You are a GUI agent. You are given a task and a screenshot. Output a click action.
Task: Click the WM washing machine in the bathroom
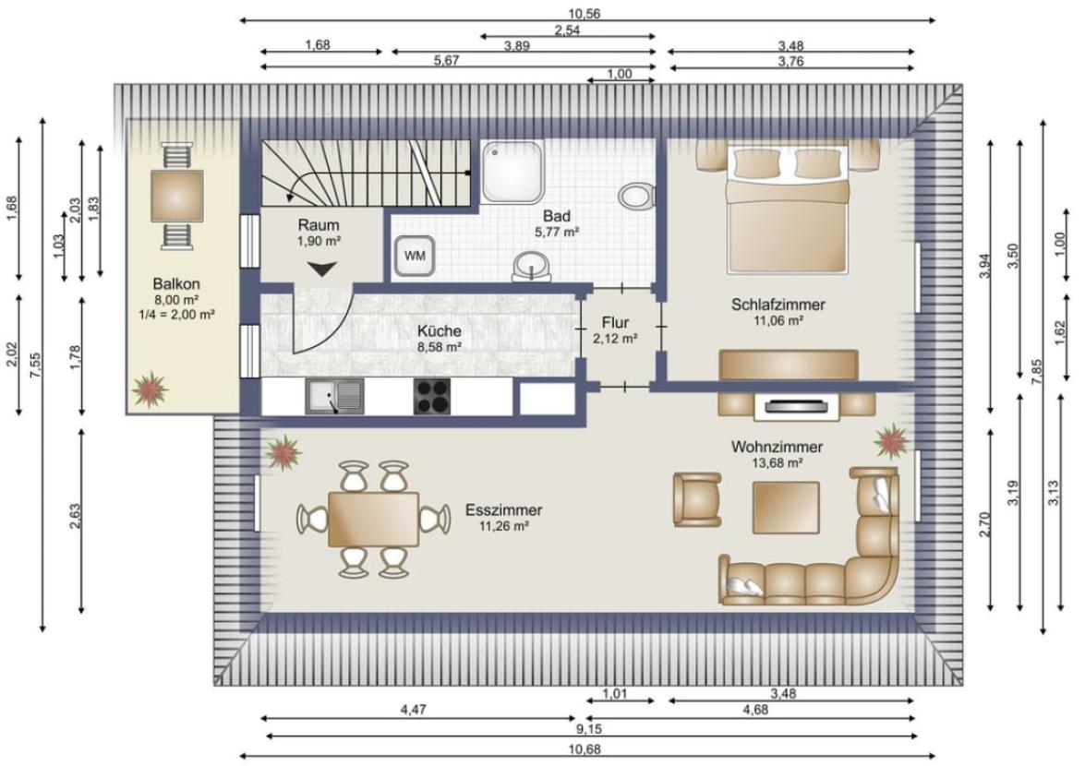coord(415,256)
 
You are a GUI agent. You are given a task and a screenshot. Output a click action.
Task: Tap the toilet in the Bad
coord(636,196)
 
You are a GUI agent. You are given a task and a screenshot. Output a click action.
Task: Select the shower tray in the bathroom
coord(512,172)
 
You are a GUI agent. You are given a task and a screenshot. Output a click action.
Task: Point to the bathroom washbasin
coord(531,266)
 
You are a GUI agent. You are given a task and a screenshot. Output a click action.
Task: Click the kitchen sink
coord(334,397)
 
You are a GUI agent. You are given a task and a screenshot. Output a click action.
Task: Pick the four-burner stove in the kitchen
coord(432,397)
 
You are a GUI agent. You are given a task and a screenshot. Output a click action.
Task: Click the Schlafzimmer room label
coord(778,305)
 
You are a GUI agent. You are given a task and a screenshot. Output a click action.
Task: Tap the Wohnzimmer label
coord(778,448)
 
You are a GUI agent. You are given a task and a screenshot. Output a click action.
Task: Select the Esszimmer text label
coord(504,510)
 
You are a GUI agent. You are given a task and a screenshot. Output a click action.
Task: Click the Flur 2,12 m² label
coord(615,329)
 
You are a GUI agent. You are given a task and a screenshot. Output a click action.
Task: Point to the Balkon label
coord(176,283)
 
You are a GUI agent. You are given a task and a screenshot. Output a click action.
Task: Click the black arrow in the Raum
coord(321,269)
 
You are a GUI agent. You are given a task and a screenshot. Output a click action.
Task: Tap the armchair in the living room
coord(697,499)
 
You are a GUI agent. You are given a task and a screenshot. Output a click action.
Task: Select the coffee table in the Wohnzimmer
coord(786,509)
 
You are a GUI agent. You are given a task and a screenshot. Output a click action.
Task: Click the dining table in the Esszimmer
coord(374,520)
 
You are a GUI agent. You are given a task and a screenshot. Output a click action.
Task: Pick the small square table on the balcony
coord(177,197)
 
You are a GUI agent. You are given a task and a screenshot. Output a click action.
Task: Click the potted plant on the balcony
coord(150,389)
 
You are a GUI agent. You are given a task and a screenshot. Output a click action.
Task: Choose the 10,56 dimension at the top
coord(584,13)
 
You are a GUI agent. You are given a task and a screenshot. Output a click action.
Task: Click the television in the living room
coord(796,406)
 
